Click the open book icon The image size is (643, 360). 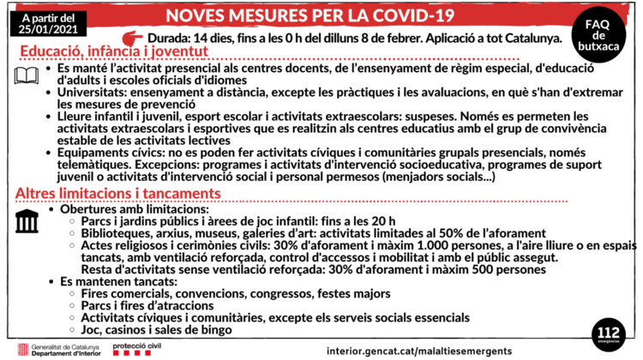[26, 75]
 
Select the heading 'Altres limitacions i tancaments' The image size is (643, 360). [118, 194]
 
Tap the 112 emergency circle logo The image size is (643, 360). [609, 331]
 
